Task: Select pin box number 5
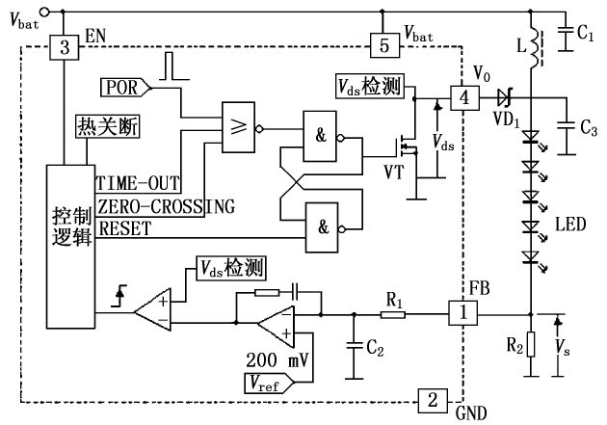point(383,46)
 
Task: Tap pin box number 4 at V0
point(465,97)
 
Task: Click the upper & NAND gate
point(322,135)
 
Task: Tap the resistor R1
point(393,313)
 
